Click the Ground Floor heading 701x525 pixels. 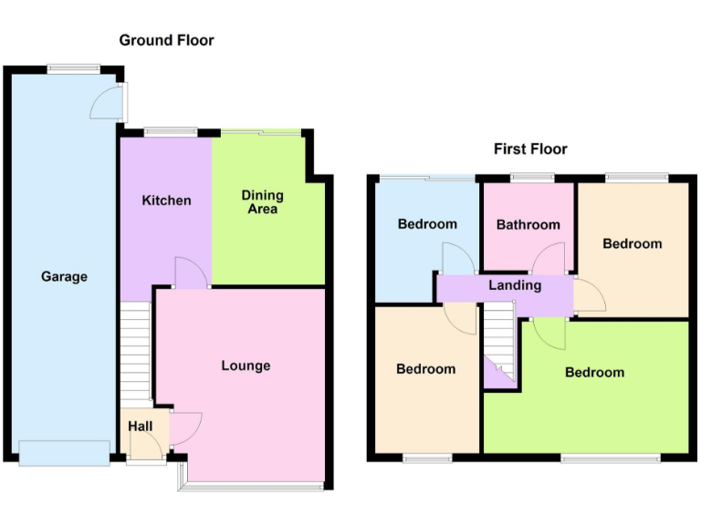coord(166,40)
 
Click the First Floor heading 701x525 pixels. coord(530,149)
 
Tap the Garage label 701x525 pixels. coord(64,276)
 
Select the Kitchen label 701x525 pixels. coord(166,200)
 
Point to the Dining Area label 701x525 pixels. coord(262,202)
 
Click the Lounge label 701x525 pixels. coord(246,365)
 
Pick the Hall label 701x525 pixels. coord(140,426)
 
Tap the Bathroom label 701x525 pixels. coord(528,224)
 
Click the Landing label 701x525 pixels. coord(515,285)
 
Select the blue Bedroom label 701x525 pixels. coord(427,223)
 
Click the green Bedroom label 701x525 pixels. coord(594,372)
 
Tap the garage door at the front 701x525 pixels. coord(64,453)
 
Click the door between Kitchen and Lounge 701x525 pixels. coord(191,274)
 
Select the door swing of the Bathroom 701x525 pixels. coord(550,260)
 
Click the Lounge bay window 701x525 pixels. coord(252,487)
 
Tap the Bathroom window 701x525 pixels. coord(528,177)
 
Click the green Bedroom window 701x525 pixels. coord(611,458)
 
